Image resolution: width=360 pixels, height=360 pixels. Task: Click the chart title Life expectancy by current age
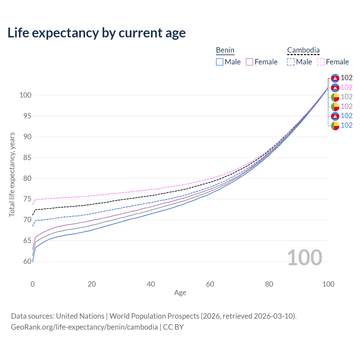pyautogui.click(x=96, y=33)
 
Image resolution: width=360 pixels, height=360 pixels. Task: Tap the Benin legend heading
pyautogui.click(x=225, y=50)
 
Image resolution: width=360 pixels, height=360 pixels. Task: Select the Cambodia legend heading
pyautogui.click(x=303, y=50)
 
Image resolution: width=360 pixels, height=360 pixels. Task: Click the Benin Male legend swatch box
pyautogui.click(x=220, y=62)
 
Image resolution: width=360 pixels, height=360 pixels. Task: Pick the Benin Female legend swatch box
pyautogui.click(x=249, y=62)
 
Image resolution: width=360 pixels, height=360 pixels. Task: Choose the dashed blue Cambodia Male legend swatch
pyautogui.click(x=291, y=62)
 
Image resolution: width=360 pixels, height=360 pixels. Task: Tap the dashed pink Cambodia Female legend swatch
pyautogui.click(x=321, y=62)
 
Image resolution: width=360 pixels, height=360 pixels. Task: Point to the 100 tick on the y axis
pyautogui.click(x=25, y=95)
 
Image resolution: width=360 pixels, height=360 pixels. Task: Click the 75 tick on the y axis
pyautogui.click(x=27, y=199)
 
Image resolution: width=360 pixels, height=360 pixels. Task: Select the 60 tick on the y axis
pyautogui.click(x=27, y=261)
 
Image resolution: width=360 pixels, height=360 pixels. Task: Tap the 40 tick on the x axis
pyautogui.click(x=151, y=284)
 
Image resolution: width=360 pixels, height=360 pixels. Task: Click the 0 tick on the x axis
pyautogui.click(x=33, y=284)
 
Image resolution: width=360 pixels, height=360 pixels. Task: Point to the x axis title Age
pyautogui.click(x=180, y=293)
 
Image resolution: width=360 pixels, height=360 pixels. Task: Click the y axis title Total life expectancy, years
pyautogui.click(x=12, y=174)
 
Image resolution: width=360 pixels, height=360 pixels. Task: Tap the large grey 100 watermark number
pyautogui.click(x=304, y=258)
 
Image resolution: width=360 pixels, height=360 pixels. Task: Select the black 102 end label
pyautogui.click(x=346, y=78)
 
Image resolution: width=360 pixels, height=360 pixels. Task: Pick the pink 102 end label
pyautogui.click(x=346, y=87)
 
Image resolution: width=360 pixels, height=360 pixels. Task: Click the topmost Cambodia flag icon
pyautogui.click(x=335, y=78)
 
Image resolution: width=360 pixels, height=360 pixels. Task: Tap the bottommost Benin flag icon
pyautogui.click(x=335, y=126)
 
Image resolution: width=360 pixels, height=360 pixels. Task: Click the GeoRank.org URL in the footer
pyautogui.click(x=84, y=327)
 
